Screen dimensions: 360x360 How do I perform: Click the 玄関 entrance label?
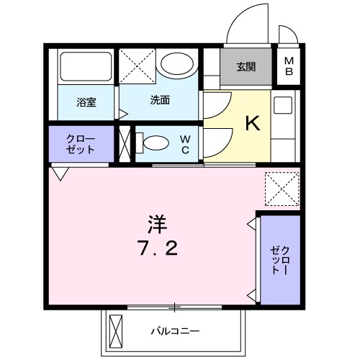tap(246, 68)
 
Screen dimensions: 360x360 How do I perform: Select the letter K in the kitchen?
tap(252, 125)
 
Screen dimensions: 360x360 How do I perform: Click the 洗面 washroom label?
tap(160, 101)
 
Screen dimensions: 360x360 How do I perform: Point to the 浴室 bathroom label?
tap(86, 102)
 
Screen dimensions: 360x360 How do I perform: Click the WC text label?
tap(184, 143)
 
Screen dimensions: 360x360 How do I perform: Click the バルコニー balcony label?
tap(175, 333)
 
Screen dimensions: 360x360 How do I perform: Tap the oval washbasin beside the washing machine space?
tap(177, 65)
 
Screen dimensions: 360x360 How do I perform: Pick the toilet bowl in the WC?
tap(153, 143)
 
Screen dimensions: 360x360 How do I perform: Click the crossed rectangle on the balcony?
tap(116, 333)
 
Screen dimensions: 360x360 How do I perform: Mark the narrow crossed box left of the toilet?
tap(124, 143)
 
